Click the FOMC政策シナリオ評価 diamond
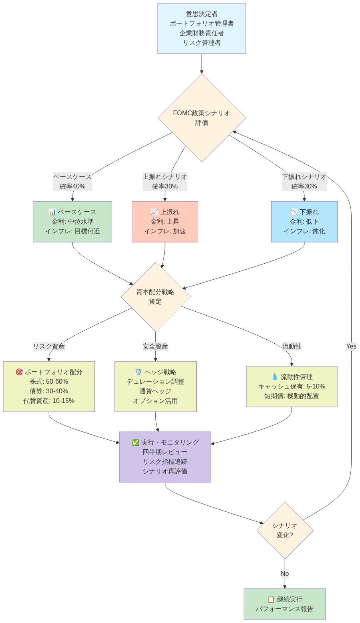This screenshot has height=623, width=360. tap(201, 118)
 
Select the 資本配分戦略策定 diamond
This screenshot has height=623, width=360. tap(155, 297)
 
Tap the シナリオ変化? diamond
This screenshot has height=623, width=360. tap(285, 531)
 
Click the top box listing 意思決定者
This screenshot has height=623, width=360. tap(201, 28)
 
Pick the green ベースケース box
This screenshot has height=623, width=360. tap(72, 222)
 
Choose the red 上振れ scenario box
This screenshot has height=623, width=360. tap(165, 222)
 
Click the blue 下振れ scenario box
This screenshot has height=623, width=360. tap(304, 222)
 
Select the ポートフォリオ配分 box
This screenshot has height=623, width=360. tap(49, 387)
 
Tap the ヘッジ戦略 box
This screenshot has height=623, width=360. tap(155, 387)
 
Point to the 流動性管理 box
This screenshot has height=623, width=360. tap(292, 387)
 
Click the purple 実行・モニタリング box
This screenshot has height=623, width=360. tap(165, 457)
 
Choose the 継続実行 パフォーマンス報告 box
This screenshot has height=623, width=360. tap(285, 604)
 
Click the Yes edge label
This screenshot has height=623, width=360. tap(351, 347)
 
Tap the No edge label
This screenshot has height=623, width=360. tap(285, 573)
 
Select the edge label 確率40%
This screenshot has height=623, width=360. tap(72, 186)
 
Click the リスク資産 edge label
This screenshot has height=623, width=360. tap(49, 347)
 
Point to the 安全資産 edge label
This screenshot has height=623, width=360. tap(155, 347)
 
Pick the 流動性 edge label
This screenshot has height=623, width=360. tap(292, 347)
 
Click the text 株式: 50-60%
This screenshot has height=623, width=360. tap(49, 382)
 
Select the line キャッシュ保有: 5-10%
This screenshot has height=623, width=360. tap(292, 387)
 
